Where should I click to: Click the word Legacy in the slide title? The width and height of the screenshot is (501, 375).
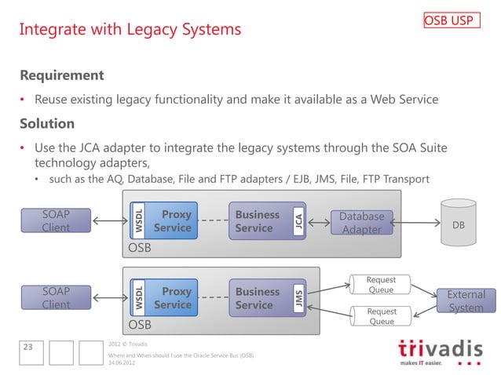(159, 30)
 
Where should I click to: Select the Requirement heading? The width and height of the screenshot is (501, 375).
(61, 76)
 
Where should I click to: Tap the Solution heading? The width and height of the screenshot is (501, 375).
(47, 124)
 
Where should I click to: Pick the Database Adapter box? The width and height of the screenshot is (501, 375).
(361, 222)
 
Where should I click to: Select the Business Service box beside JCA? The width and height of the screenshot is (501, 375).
(258, 221)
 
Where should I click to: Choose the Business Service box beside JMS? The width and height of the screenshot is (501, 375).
(258, 298)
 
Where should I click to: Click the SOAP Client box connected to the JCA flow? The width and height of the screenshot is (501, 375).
(56, 220)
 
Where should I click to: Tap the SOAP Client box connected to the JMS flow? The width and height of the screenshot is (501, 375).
(56, 297)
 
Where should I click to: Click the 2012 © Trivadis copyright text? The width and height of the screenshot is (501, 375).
(130, 344)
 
